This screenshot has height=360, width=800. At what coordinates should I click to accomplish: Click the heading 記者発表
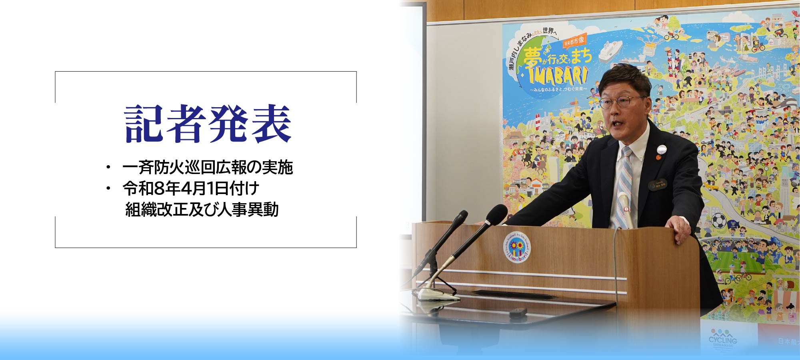(x=207, y=124)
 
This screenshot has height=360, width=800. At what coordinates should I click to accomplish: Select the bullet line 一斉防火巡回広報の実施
(x=207, y=168)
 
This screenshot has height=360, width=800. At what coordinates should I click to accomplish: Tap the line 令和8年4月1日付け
(x=191, y=188)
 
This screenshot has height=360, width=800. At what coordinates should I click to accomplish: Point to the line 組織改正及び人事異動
(x=202, y=209)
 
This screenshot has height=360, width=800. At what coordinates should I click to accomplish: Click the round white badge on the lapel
(x=662, y=150)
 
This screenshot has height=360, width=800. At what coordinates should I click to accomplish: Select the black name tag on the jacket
(x=657, y=184)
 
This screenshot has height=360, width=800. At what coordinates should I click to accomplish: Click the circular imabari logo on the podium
(x=517, y=247)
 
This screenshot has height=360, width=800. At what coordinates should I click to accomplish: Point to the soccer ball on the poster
(x=719, y=220)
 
